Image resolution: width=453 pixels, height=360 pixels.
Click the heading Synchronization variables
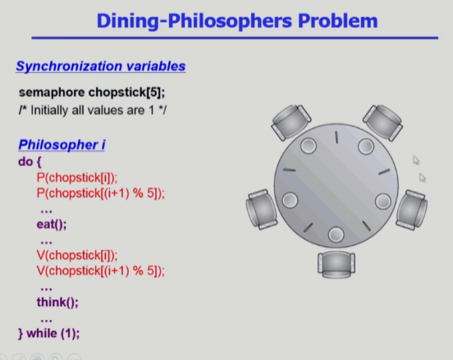(101, 66)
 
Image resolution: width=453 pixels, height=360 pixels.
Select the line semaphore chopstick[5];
(92, 93)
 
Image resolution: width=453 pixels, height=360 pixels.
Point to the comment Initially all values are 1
(93, 110)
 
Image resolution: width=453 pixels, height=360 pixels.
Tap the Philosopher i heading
(62, 144)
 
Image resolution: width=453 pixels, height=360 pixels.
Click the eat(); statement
(52, 224)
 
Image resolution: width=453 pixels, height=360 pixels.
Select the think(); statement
(57, 302)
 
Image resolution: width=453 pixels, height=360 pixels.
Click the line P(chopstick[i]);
(77, 178)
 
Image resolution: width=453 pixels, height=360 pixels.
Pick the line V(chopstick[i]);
(77, 255)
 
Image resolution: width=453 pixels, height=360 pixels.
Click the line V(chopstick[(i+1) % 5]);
(101, 271)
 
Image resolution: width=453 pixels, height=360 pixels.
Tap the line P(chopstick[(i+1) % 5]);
(101, 194)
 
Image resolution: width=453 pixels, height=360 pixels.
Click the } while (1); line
(48, 334)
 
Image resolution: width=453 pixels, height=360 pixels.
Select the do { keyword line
(30, 162)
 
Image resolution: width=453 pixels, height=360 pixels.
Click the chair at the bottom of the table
(336, 264)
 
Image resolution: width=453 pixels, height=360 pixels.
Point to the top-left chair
(291, 122)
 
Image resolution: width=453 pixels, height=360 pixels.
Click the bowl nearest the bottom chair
(336, 235)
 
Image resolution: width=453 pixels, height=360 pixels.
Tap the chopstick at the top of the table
(336, 137)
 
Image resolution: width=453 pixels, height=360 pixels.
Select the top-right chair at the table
(383, 122)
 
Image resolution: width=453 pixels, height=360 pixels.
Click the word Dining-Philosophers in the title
(194, 21)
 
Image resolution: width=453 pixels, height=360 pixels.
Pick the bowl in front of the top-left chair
(309, 145)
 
